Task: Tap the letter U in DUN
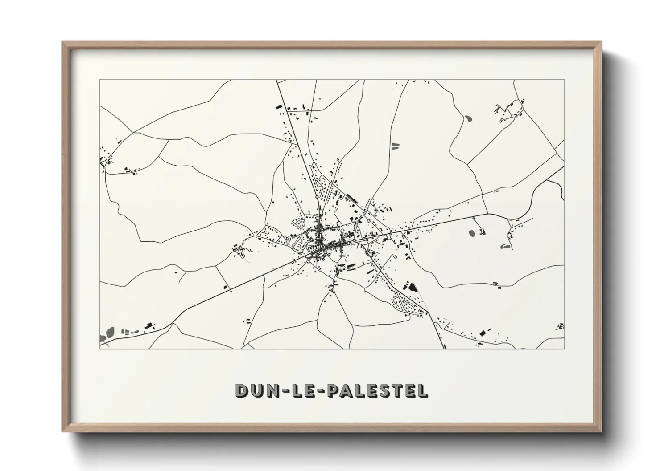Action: coord(258,390)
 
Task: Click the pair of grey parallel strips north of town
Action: coord(395,146)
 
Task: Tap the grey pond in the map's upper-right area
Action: coord(468,118)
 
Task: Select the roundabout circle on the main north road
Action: coord(316,196)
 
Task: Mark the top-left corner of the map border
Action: coord(99,80)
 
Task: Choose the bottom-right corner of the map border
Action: coord(565,349)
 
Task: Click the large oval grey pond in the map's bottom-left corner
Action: coord(109,332)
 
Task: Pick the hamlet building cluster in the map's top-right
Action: coord(508,110)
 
